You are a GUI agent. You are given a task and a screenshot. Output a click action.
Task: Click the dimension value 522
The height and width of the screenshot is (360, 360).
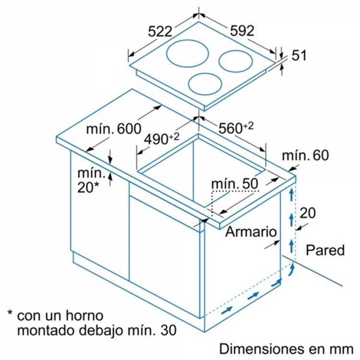point(160,32)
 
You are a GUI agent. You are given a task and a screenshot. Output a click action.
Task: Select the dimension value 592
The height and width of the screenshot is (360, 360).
point(241,31)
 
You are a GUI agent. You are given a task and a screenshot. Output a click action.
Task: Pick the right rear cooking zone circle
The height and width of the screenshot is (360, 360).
point(236,61)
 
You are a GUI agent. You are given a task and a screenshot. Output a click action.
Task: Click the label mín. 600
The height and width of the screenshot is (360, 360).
point(113,129)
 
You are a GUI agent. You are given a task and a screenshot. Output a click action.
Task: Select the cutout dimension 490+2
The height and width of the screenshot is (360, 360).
point(162,138)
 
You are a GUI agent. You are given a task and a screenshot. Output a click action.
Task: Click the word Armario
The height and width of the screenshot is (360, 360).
point(251,232)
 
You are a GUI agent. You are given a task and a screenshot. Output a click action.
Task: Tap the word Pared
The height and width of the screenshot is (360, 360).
point(325,250)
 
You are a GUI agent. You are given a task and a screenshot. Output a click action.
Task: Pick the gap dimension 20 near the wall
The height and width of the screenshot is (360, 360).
point(308,213)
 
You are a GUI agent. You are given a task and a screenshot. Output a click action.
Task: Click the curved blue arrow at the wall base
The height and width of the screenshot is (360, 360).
point(290,272)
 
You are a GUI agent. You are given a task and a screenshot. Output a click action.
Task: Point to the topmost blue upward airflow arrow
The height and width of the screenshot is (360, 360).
point(289,195)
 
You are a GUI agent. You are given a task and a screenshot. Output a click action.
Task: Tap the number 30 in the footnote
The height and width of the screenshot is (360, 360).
point(166,331)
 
